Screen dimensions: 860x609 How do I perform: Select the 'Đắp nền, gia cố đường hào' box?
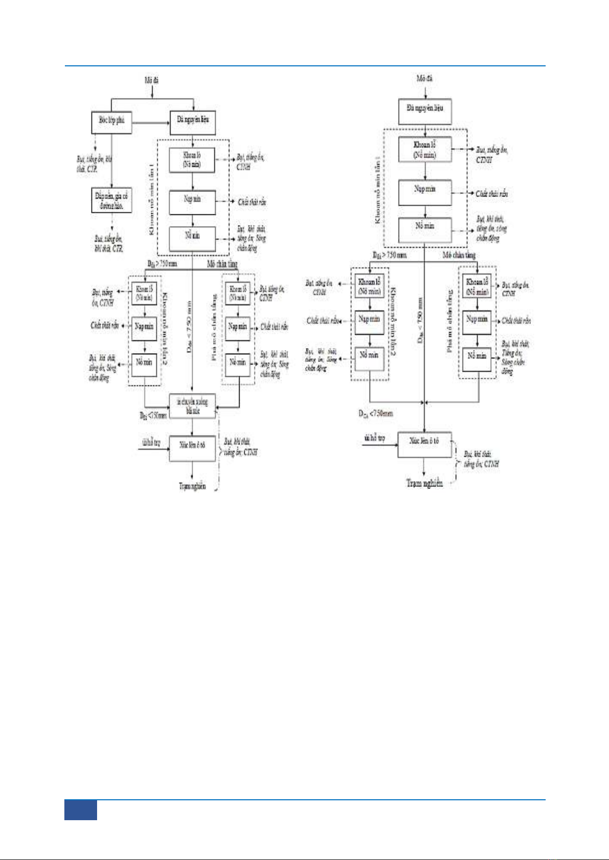111,200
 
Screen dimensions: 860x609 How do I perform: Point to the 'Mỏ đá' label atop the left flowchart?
152,80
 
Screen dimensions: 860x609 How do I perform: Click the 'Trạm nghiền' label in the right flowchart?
424,483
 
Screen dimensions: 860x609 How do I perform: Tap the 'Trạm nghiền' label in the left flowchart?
192,486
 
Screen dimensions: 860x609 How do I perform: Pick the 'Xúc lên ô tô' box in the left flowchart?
192,448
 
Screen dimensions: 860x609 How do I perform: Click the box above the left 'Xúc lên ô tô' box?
192,406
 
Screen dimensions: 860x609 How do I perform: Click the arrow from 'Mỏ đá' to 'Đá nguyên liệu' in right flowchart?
425,92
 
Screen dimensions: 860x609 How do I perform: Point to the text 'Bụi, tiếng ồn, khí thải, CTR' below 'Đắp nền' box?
109,243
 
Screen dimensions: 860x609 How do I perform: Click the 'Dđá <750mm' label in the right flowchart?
376,413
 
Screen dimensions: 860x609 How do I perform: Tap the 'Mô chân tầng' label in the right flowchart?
459,255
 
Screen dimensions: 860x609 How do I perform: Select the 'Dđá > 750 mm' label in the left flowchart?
162,264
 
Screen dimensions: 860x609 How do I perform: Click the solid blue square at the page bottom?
81,810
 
